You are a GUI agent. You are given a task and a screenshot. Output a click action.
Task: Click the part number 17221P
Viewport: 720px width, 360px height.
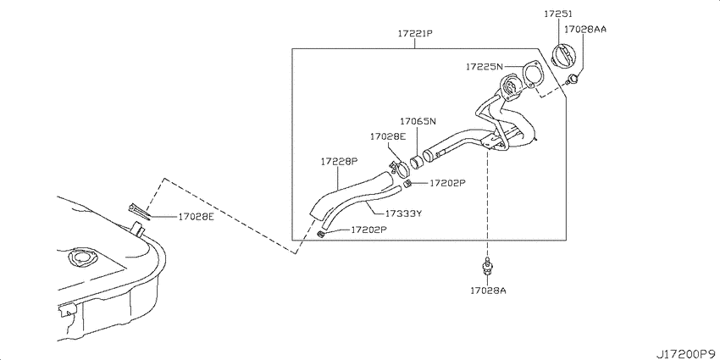(416, 34)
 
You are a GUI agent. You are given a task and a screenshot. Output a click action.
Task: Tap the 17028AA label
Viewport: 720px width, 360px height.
(585, 30)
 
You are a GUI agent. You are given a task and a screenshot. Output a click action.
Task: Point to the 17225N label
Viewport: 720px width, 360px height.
(485, 67)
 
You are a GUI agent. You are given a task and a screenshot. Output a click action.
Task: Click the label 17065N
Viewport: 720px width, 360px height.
(418, 122)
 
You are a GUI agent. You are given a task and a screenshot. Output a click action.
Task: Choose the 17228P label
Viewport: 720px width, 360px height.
(339, 162)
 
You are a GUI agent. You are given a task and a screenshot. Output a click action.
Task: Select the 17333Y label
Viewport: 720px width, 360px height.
(403, 213)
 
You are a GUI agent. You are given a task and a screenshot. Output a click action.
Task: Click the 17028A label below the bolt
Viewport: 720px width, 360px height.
(488, 291)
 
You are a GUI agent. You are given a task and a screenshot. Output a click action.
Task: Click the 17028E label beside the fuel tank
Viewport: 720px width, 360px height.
(196, 217)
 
